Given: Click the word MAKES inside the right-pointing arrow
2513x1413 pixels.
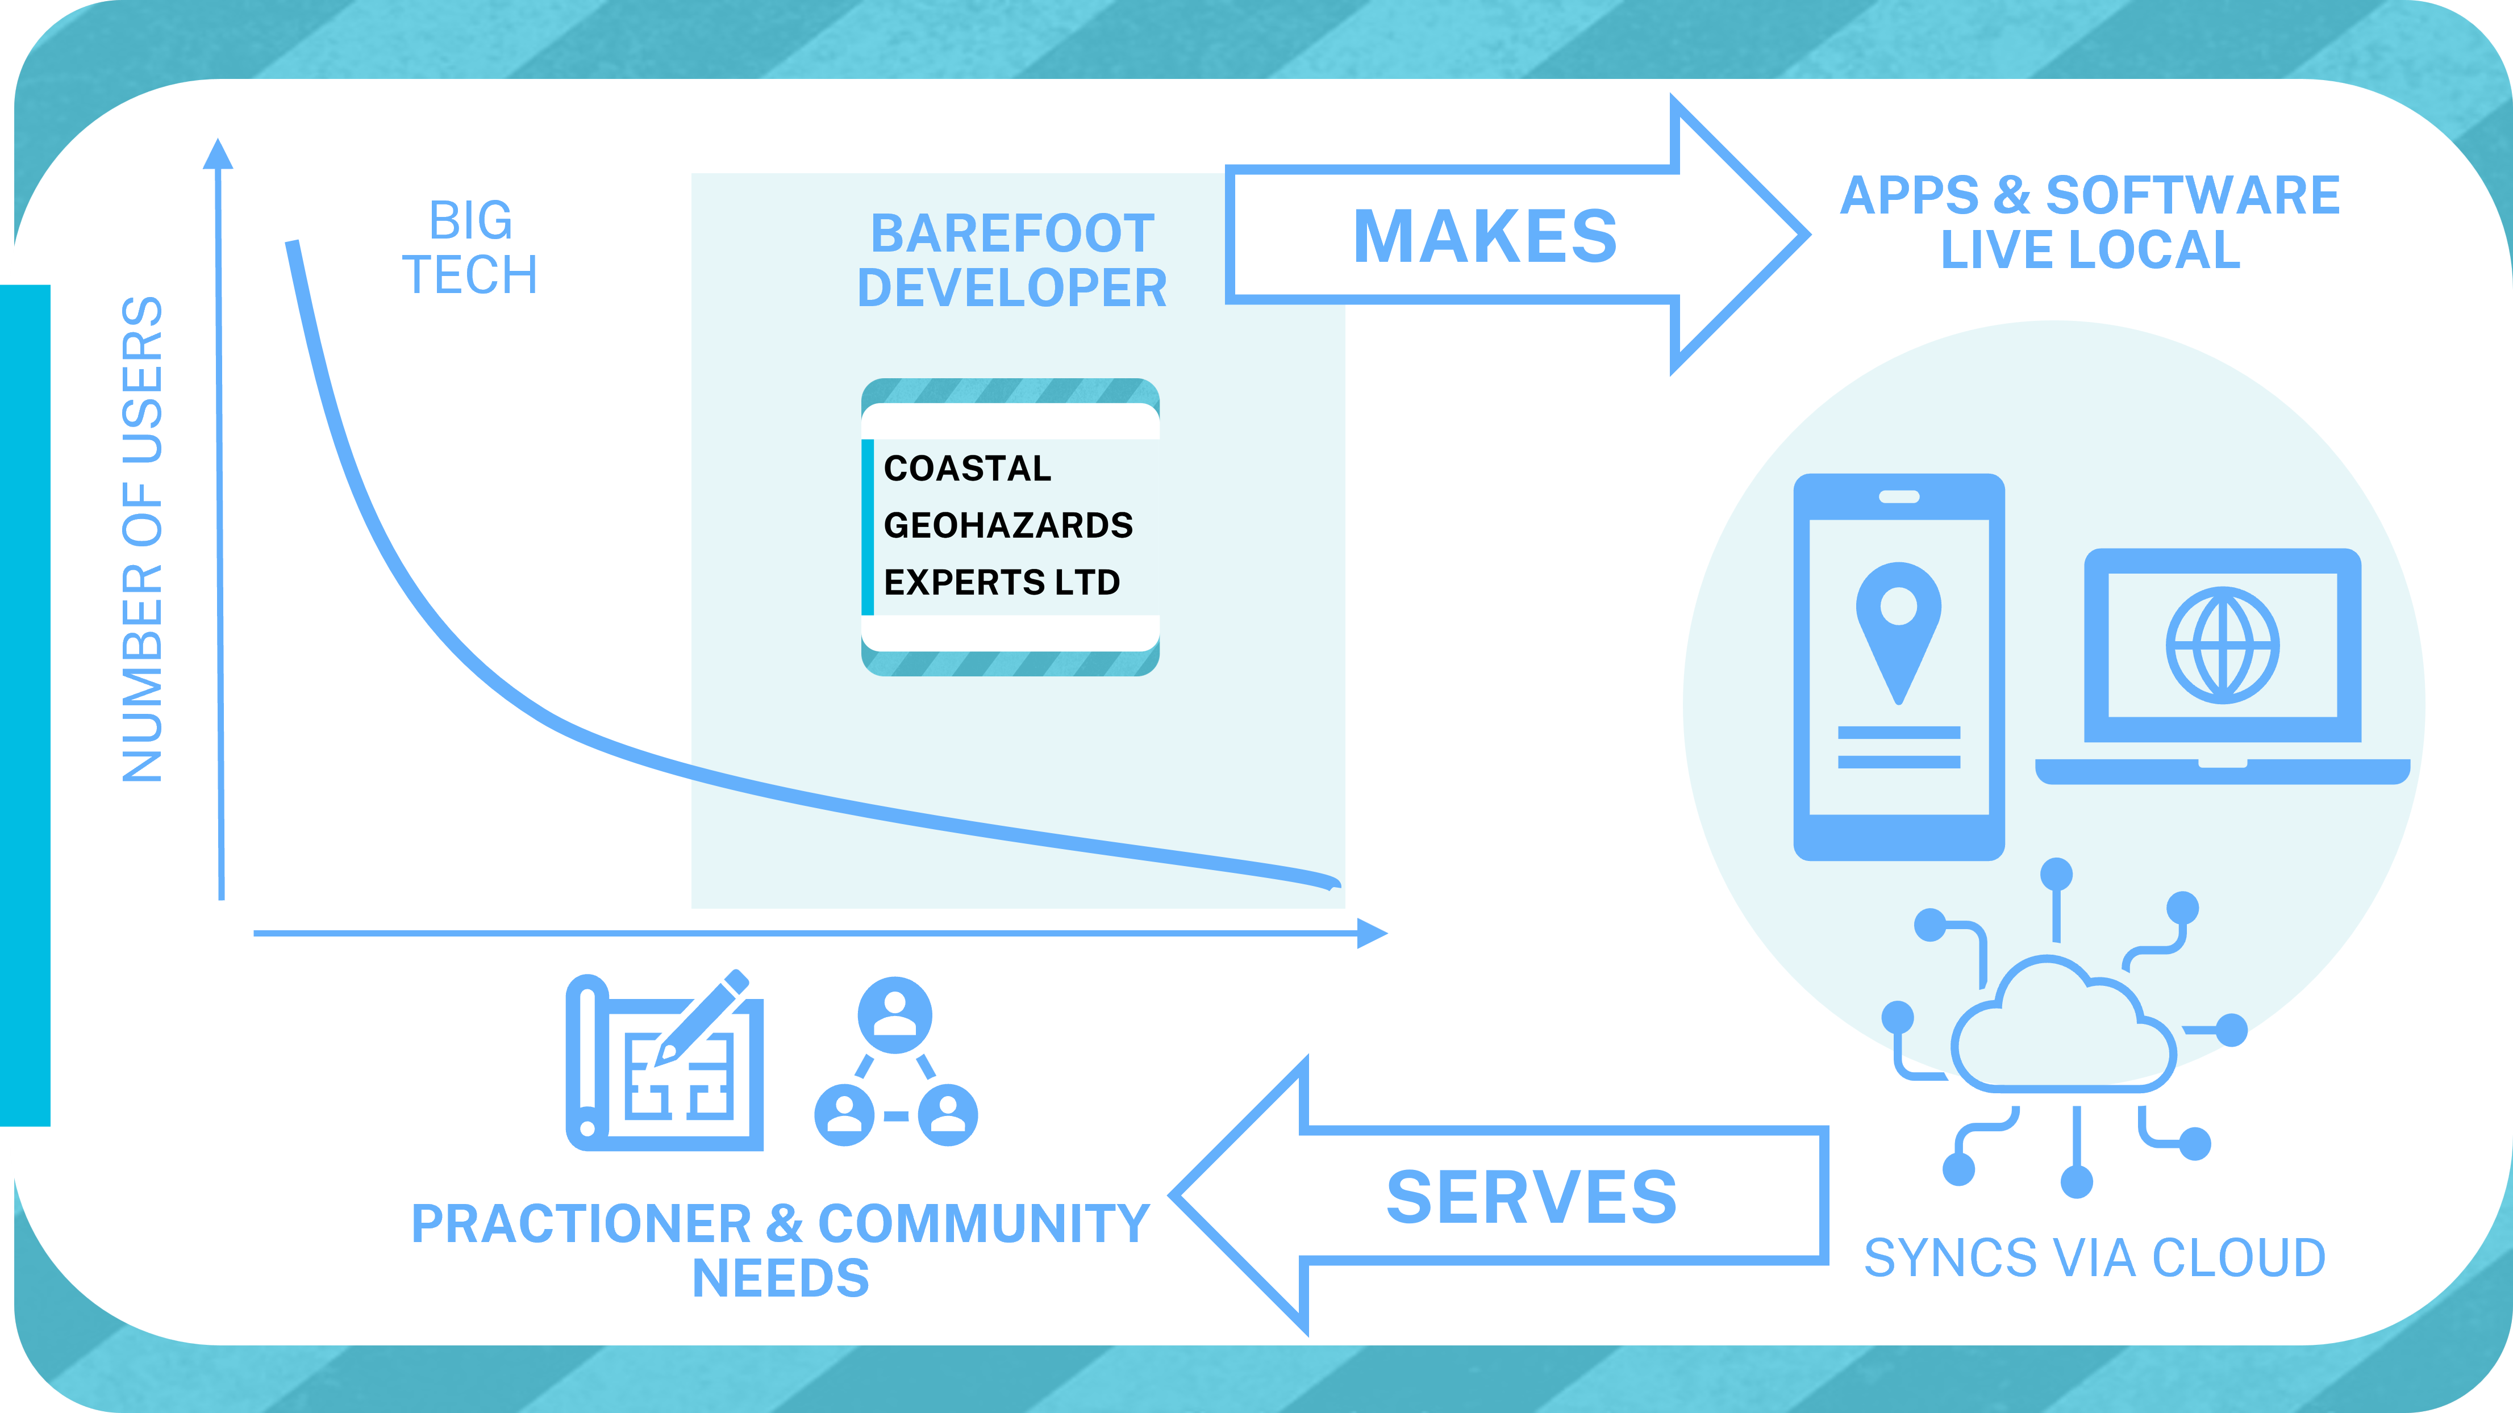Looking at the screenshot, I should (1485, 237).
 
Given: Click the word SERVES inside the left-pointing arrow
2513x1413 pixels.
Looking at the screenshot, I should (1532, 1198).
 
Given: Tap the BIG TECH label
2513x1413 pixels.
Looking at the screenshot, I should (470, 248).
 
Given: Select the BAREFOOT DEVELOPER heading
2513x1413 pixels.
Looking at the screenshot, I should (1012, 260).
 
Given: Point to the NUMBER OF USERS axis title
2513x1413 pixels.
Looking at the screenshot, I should (143, 540).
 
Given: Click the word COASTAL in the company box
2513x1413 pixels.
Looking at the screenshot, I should (967, 469).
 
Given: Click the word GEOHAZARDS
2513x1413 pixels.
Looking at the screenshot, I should (1008, 525).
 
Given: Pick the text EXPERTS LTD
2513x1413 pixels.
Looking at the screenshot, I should (1001, 582).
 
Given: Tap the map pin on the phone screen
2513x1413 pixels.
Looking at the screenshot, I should (1898, 624).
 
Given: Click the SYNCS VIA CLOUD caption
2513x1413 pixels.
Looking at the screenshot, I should (2094, 1258).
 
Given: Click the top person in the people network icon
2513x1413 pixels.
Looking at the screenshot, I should (894, 1014).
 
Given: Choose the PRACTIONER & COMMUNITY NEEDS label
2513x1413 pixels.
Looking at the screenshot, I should (781, 1250).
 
